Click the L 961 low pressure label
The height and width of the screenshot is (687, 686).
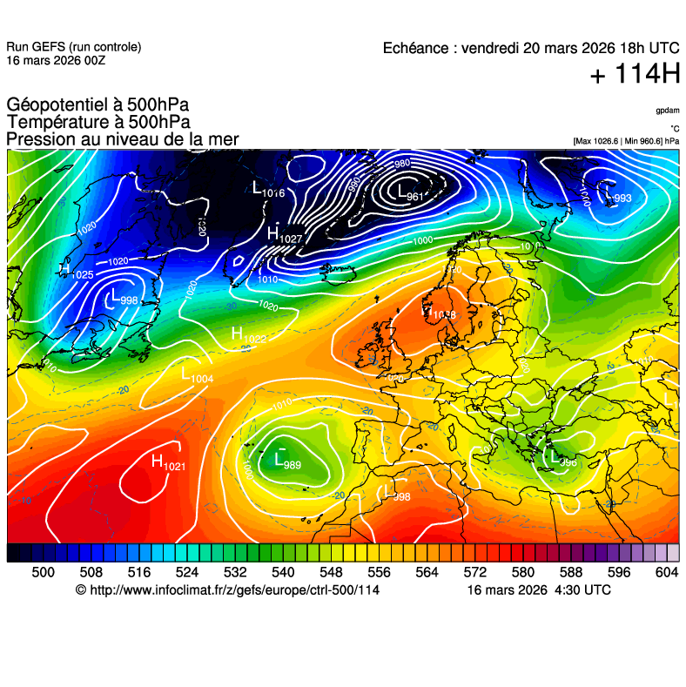point(409,193)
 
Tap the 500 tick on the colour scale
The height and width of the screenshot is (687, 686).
point(44,572)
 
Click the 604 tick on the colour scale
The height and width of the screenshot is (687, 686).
point(667,572)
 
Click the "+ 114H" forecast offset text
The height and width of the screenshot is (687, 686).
point(635,75)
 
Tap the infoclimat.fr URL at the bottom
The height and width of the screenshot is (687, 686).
point(228,590)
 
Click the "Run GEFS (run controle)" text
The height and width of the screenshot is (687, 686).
point(73,47)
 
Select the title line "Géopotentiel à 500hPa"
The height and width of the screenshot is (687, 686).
point(98,105)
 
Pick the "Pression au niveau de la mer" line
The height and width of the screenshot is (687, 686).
point(122,139)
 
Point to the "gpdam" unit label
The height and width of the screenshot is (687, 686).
point(668,111)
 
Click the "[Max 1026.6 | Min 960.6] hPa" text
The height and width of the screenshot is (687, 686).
point(626,140)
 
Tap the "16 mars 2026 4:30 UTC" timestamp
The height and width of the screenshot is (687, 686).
point(539,590)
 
